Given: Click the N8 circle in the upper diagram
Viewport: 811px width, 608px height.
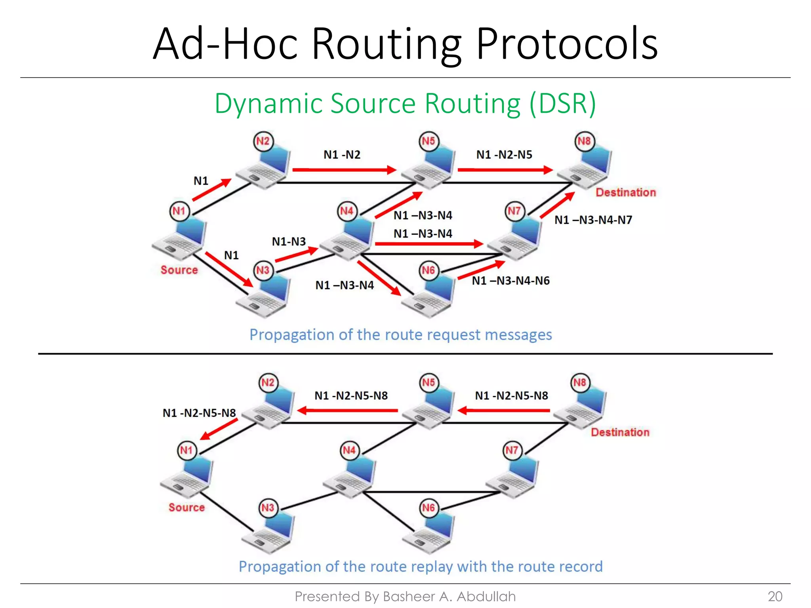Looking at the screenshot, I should pyautogui.click(x=584, y=141).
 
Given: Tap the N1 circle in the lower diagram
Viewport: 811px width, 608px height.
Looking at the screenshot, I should pyautogui.click(x=187, y=450).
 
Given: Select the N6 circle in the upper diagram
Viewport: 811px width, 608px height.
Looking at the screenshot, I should pyautogui.click(x=429, y=271).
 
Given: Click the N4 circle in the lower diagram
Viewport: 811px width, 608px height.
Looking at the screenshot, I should pyautogui.click(x=349, y=450).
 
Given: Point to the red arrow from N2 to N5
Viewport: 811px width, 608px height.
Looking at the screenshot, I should pyautogui.click(x=344, y=170).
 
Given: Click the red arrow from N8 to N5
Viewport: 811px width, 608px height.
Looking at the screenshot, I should pyautogui.click(x=504, y=410).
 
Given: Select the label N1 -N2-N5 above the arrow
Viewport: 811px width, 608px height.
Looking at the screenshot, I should pyautogui.click(x=504, y=155).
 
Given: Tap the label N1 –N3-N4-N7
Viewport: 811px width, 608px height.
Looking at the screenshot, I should pyautogui.click(x=593, y=220).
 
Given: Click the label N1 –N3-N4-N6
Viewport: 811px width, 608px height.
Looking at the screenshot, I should pyautogui.click(x=510, y=281).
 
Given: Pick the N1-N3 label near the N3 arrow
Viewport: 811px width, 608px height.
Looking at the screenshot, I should pyautogui.click(x=289, y=241).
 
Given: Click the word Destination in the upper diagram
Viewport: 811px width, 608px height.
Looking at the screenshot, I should pyautogui.click(x=626, y=192).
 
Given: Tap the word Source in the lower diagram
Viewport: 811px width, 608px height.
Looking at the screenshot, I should pyautogui.click(x=187, y=507).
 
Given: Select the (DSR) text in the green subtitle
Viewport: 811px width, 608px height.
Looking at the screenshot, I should pyautogui.click(x=562, y=104).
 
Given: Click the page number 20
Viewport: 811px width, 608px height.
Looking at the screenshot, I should pyautogui.click(x=775, y=597).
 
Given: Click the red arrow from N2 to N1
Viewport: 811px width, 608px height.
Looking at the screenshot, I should pyautogui.click(x=219, y=429).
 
